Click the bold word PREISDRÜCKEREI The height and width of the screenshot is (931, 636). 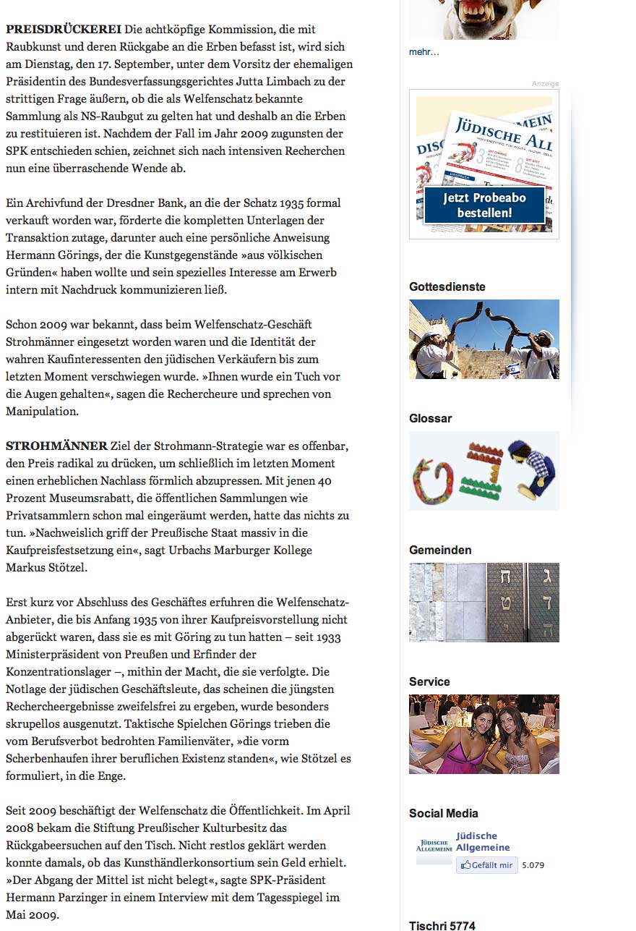(64, 30)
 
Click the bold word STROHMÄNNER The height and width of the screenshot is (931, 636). (56, 446)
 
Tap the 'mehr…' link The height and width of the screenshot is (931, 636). (424, 52)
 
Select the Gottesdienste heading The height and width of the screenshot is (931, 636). (447, 286)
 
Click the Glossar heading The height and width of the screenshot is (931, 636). (430, 418)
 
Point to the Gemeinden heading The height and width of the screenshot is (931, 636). (439, 550)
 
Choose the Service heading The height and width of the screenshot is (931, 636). (429, 681)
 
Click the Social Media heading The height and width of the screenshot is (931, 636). (443, 813)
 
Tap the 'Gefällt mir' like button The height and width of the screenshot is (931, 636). (486, 865)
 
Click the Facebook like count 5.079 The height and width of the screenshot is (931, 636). (533, 865)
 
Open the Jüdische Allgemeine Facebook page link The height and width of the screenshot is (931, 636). (482, 841)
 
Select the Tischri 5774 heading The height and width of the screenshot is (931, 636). (442, 925)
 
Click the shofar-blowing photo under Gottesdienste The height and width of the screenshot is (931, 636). (484, 339)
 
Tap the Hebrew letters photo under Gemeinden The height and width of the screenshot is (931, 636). (484, 603)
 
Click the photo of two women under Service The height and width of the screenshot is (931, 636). (484, 734)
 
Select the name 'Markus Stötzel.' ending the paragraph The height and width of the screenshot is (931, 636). (46, 568)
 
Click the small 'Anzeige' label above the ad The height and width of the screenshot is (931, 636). (545, 84)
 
